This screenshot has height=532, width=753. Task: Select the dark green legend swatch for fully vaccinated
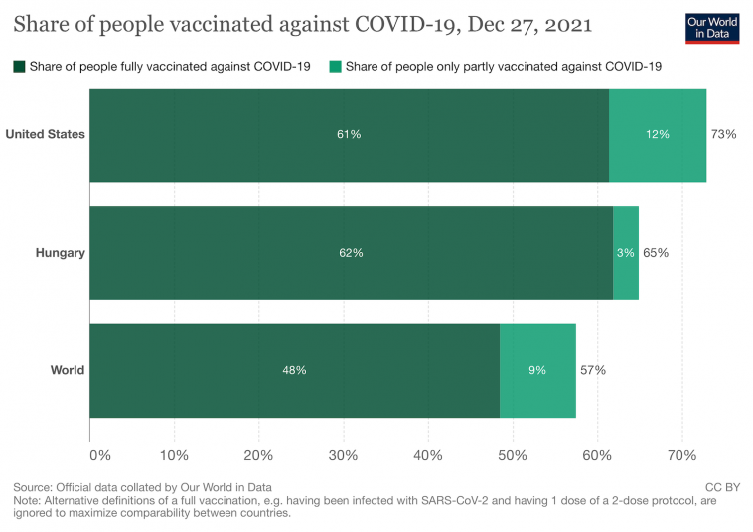coord(19,67)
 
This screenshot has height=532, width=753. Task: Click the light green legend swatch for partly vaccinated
coord(334,67)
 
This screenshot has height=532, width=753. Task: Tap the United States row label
coord(45,134)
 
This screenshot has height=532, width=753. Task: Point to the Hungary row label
coord(60,253)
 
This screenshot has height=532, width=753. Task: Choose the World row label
coord(68,370)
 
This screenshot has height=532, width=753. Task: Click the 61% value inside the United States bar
coord(348,134)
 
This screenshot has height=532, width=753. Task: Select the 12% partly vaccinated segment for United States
coord(658,134)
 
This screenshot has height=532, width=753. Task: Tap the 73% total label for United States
coord(723,134)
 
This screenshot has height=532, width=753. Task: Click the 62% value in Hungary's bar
coord(351,253)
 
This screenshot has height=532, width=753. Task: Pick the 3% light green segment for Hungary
coord(626,253)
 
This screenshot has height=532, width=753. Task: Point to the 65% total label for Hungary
coord(656,253)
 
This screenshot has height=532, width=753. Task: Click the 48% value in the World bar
coord(294,370)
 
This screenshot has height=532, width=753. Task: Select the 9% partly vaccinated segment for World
coord(537,370)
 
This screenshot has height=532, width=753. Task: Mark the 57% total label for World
coord(593,370)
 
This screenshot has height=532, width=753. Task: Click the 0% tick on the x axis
coord(100,455)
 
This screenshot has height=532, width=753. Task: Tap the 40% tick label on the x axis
coord(428,455)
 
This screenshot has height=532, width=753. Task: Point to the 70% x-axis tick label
coord(681,455)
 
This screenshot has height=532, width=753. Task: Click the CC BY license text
coord(722,487)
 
